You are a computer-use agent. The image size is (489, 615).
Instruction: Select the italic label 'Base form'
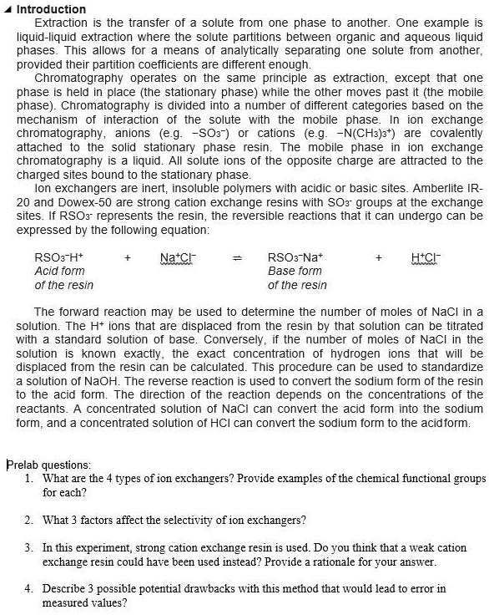coord(295,272)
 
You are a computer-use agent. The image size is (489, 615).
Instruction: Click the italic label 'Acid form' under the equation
coord(59,272)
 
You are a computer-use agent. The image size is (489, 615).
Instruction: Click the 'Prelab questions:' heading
coord(48,465)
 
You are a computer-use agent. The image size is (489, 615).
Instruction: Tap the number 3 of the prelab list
coord(29,547)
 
